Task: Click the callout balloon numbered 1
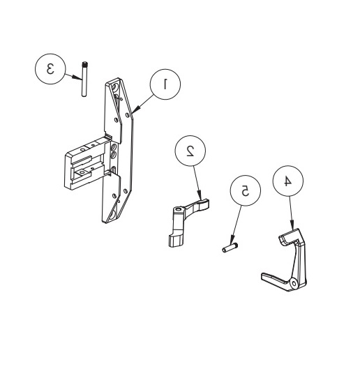(x=165, y=84)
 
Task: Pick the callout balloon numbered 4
(x=286, y=180)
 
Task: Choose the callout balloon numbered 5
(x=244, y=190)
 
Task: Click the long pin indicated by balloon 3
(x=82, y=80)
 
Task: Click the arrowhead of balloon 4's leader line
(x=295, y=231)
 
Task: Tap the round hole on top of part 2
(x=179, y=207)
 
